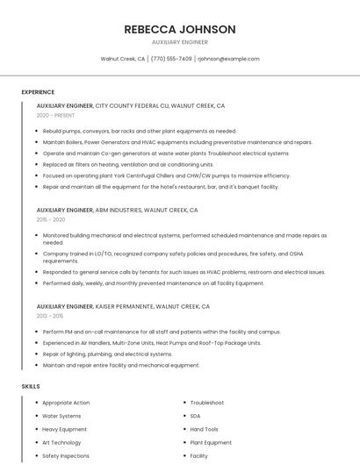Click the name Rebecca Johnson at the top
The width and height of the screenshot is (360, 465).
point(180,29)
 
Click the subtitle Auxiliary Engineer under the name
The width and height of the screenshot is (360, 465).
point(180,42)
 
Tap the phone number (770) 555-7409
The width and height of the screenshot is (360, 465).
point(171,59)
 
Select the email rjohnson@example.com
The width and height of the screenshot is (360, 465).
point(228,59)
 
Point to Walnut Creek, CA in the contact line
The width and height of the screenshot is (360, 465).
point(123,59)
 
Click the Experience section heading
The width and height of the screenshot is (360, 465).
point(38,92)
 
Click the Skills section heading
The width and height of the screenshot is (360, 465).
point(31,386)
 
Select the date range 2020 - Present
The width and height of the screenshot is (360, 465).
point(55,115)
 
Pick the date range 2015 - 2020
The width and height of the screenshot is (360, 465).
point(51,220)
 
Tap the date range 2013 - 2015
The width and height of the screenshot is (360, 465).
point(50,316)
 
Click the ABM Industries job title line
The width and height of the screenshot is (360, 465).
point(117,211)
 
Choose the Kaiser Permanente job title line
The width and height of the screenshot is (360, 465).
point(123,306)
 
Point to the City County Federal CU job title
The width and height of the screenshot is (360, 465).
point(130,105)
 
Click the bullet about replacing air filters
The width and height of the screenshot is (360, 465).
point(128,164)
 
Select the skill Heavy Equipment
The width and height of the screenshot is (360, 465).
point(65,429)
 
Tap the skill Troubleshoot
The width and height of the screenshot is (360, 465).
point(207,403)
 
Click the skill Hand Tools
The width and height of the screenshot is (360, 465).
point(205,429)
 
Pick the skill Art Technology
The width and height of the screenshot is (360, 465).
point(62,443)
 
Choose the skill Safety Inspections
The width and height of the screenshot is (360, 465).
point(66,456)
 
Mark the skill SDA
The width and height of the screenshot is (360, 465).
point(195,416)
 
